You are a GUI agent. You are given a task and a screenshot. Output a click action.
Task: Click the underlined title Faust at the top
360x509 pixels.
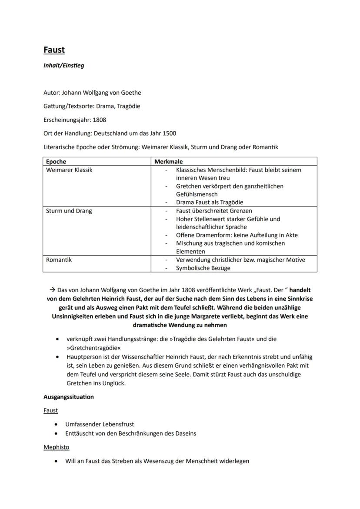[x=54, y=50]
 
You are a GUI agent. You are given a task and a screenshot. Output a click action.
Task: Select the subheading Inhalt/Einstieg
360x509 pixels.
[x=63, y=66]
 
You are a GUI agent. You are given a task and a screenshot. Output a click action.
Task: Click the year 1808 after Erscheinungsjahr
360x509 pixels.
[x=100, y=120]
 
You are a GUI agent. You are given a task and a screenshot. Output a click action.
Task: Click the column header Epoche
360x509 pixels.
[x=56, y=162]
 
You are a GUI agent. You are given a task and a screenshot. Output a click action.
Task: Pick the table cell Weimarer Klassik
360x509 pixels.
[x=69, y=170]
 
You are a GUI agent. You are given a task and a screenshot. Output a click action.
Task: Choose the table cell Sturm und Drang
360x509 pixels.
[x=69, y=211]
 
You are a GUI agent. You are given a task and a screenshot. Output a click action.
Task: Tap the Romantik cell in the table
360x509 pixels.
[x=59, y=260]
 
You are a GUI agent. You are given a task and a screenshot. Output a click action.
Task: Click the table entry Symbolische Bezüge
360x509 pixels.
[x=203, y=268]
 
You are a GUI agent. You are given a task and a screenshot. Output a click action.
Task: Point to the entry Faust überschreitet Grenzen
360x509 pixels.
[x=214, y=211]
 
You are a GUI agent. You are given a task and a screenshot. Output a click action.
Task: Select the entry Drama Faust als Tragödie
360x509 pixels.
[x=210, y=203]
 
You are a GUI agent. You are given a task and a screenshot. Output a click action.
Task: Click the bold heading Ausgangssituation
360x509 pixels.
[x=69, y=397]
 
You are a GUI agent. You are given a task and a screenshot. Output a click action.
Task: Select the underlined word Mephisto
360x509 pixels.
[x=56, y=447]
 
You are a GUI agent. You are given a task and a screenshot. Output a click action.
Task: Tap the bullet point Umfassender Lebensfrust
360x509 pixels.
[x=100, y=424]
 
